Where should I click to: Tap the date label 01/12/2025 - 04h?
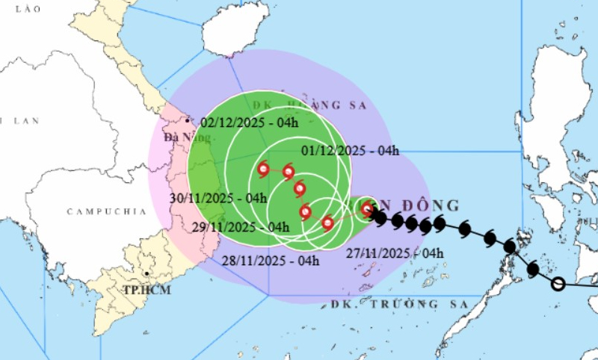pyautogui.click(x=351, y=150)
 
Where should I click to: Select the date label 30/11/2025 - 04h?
pyautogui.click(x=218, y=198)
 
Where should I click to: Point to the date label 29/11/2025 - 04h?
pyautogui.click(x=240, y=227)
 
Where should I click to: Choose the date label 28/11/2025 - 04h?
pyautogui.click(x=271, y=261)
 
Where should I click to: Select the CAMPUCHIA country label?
pyautogui.click(x=106, y=211)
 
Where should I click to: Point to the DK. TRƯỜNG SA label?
pyautogui.click(x=398, y=304)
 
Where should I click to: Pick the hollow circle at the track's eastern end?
pyautogui.click(x=558, y=284)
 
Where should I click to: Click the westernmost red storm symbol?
pyautogui.click(x=263, y=170)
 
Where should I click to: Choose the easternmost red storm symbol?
pyautogui.click(x=366, y=210)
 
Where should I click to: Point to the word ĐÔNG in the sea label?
pyautogui.click(x=431, y=205)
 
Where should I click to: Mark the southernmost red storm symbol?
pyautogui.click(x=327, y=222)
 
